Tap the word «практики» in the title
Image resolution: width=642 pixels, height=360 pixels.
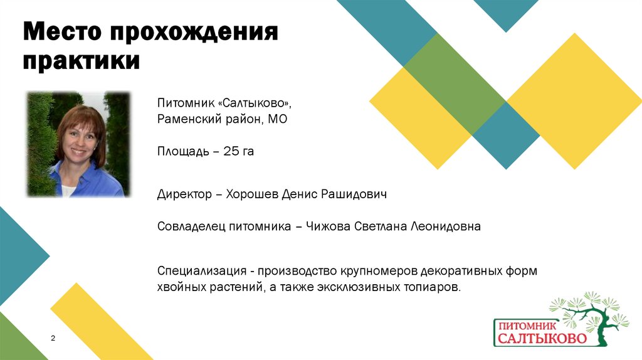tap(82, 61)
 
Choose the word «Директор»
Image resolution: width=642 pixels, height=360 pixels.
tap(184, 194)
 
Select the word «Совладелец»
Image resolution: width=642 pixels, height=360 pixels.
tap(187, 227)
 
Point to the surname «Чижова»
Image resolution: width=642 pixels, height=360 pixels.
tap(328, 227)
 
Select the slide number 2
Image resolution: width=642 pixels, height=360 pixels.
tap(53, 339)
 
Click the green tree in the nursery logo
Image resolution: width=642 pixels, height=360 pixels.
tap(592, 314)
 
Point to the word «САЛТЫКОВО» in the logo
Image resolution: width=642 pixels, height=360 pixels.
tap(543, 339)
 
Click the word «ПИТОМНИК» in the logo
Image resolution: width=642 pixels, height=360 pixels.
tap(525, 326)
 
